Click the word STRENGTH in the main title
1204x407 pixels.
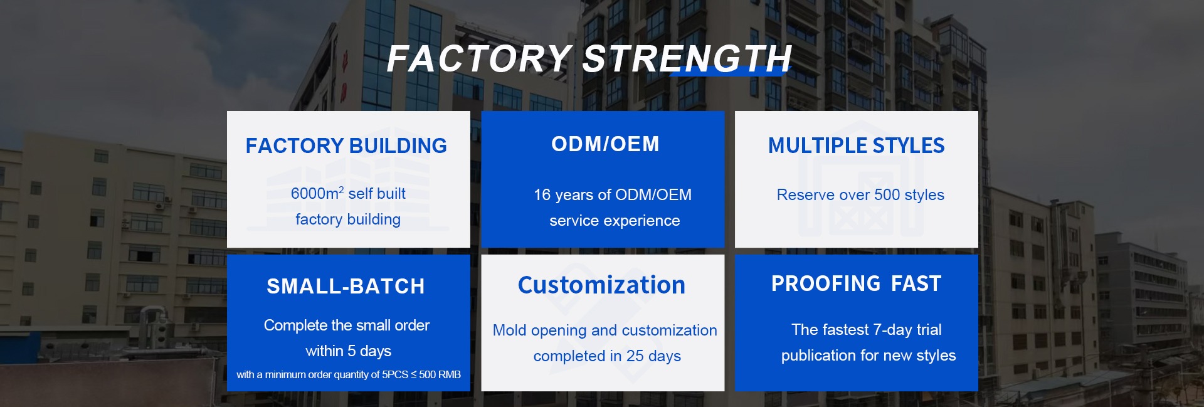[687, 59]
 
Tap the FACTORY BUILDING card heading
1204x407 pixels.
[346, 146]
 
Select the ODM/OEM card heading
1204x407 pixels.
[605, 144]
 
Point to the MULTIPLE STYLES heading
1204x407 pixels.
[856, 145]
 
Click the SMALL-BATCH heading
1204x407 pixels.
[346, 287]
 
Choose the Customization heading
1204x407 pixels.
[601, 285]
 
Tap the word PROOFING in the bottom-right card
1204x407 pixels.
[826, 283]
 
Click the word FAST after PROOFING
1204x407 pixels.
[916, 283]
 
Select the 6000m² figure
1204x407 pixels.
[317, 193]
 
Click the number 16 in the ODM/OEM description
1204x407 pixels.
[542, 195]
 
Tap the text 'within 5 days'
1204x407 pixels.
[348, 351]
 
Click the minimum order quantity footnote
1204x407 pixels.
[348, 374]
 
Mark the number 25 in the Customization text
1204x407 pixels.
[635, 356]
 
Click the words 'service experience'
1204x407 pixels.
[615, 221]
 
